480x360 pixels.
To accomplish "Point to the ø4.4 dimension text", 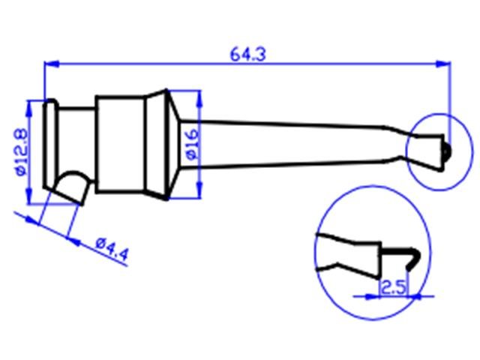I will (x=113, y=247).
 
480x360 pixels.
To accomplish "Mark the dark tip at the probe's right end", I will (x=445, y=151).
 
